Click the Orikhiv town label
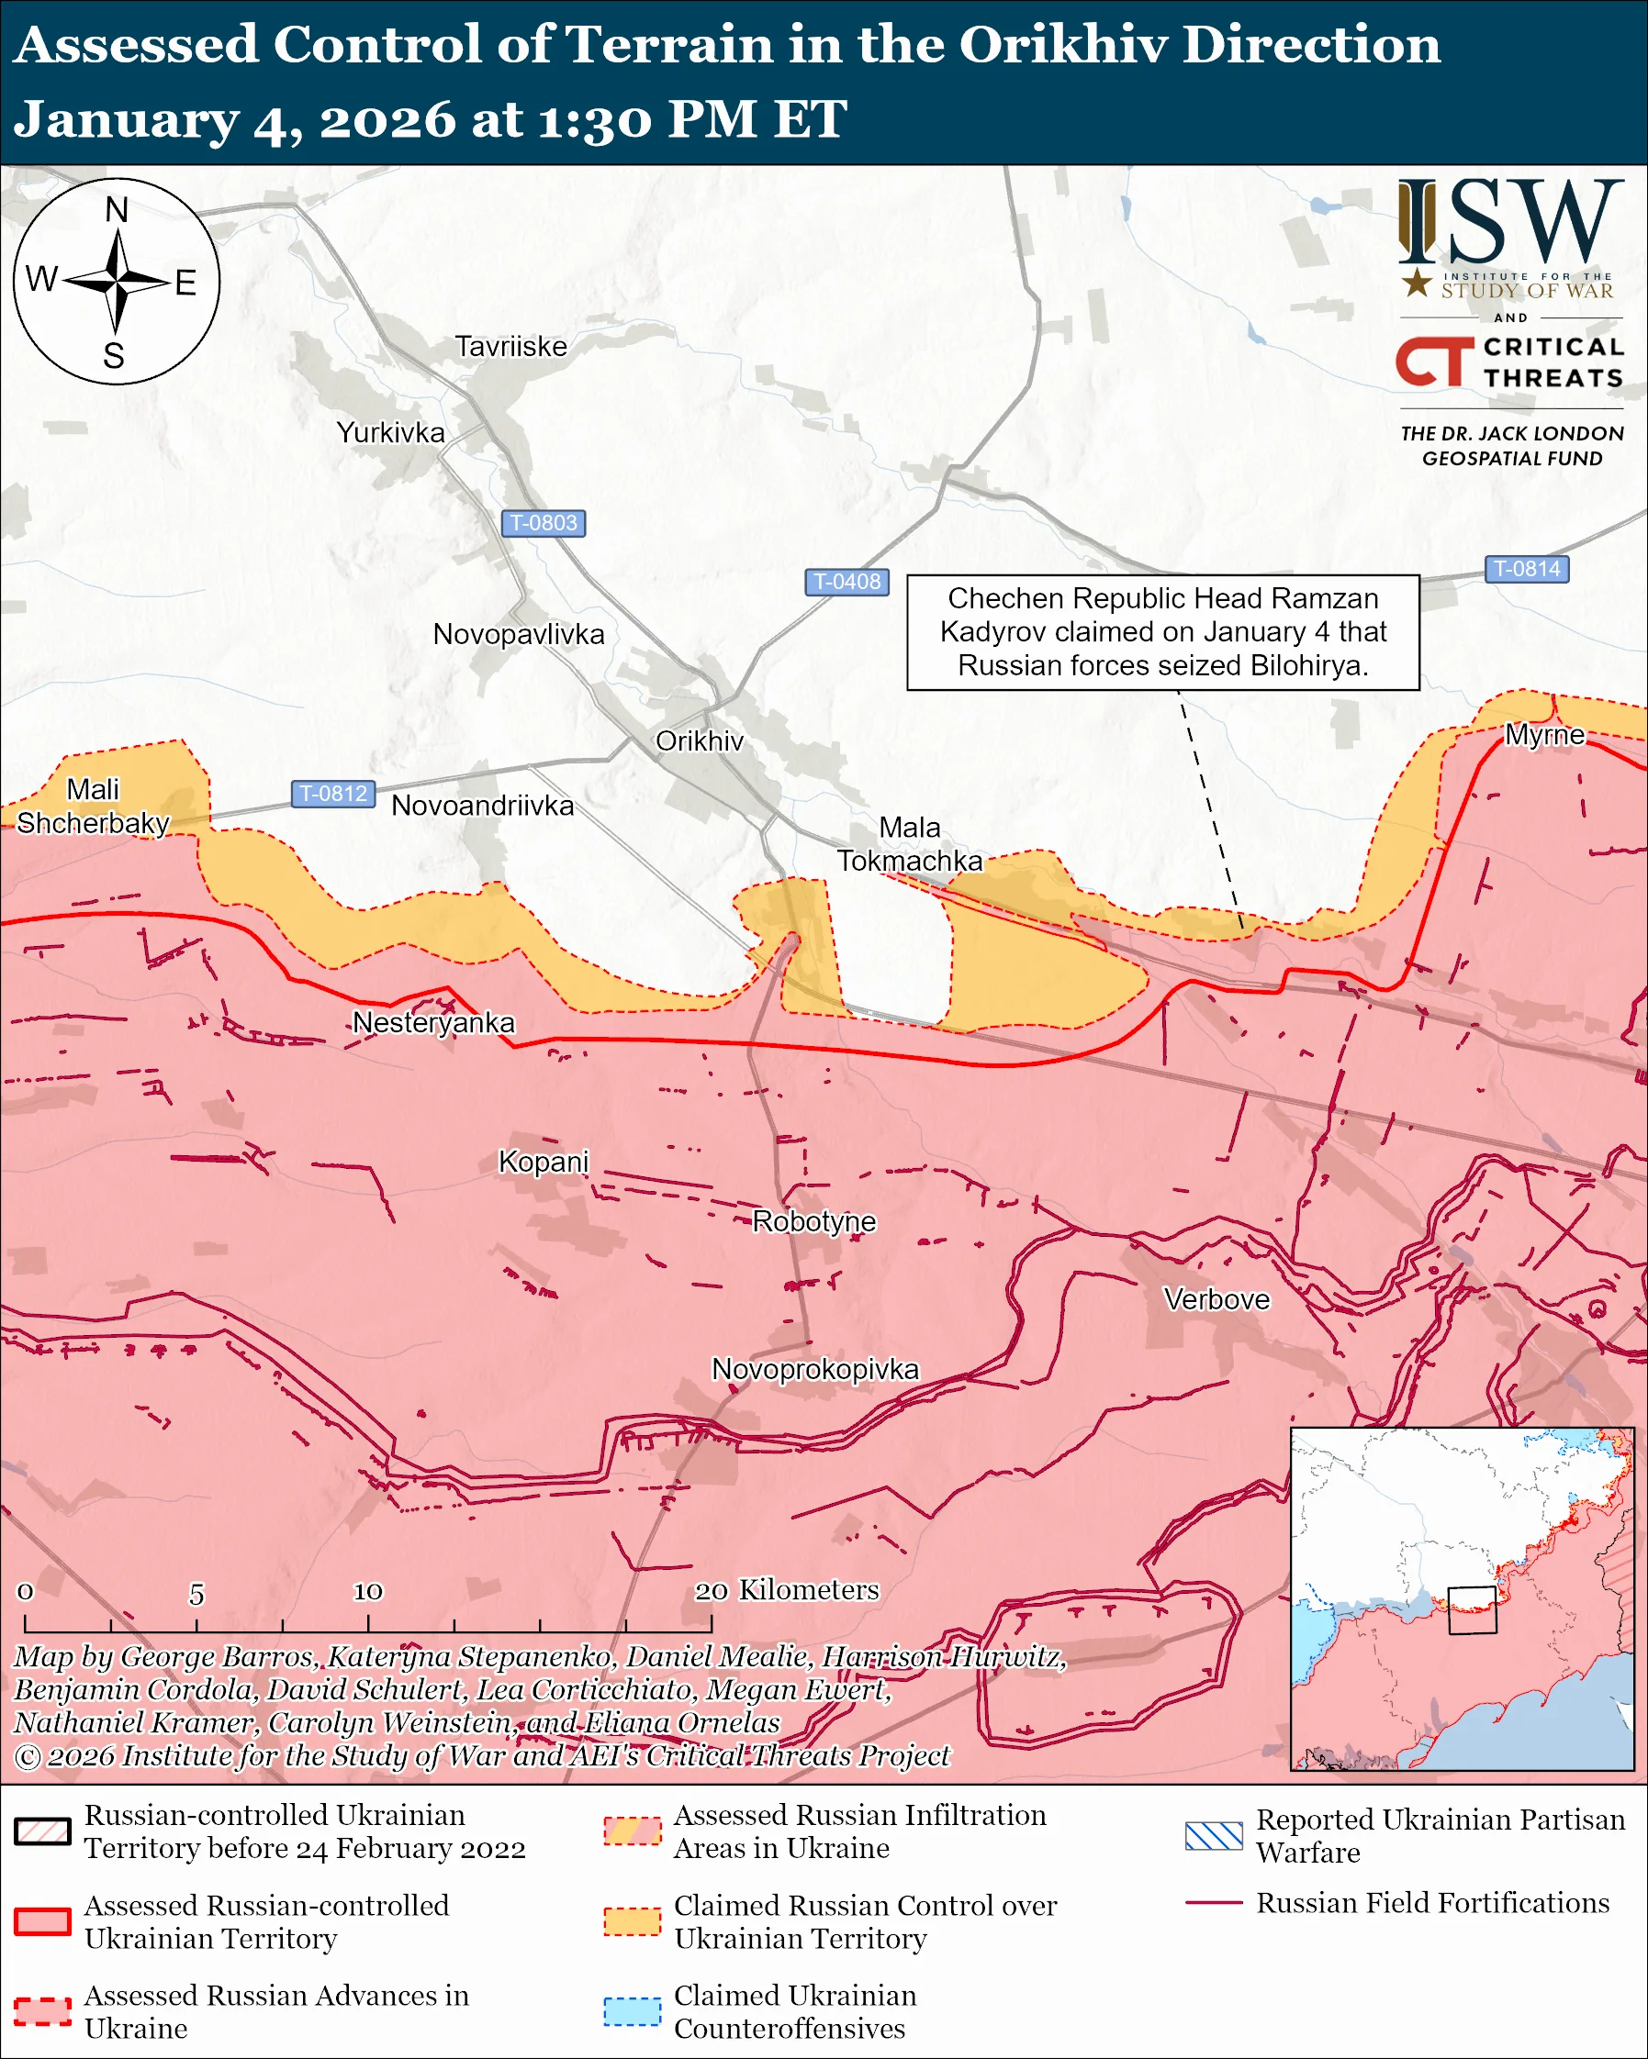pos(700,741)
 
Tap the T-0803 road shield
pos(543,523)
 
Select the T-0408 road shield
pos(846,582)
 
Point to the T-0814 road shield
pos(1527,569)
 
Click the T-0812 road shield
pos(332,794)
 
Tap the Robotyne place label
pos(814,1221)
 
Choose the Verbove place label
pos(1216,1300)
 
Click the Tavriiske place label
pos(510,347)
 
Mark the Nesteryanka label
pos(432,1023)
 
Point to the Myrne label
pos(1544,734)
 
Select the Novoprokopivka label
pos(815,1370)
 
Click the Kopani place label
pos(544,1163)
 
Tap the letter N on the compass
pos(117,210)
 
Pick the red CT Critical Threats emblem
pos(1434,362)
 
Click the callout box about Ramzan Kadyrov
pos(1162,632)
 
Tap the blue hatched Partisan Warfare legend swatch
pos(1214,1835)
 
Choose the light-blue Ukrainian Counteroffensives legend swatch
pos(632,2011)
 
